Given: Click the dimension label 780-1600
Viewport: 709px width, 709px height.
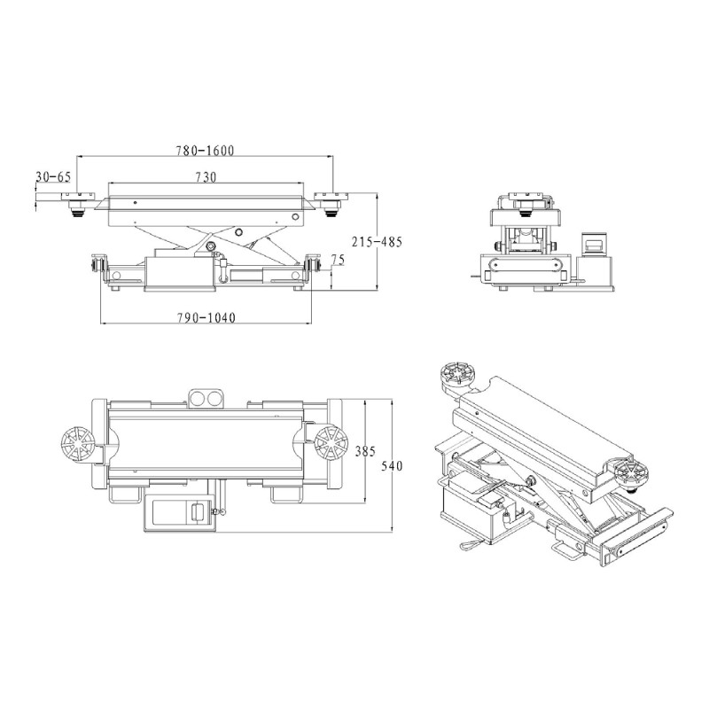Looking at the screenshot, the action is tap(206, 151).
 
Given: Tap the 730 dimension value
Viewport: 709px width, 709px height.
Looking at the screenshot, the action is tap(206, 178).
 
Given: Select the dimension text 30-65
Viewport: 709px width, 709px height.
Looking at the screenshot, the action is tap(53, 176).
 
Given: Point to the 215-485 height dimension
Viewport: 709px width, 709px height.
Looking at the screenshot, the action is tap(377, 242).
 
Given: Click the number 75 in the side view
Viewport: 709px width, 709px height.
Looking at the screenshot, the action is tap(338, 260).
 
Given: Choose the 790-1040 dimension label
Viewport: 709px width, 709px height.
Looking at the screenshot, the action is tap(206, 318).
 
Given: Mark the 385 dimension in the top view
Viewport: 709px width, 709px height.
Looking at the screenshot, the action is tap(365, 451).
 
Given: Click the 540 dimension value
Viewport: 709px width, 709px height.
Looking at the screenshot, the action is tap(391, 465).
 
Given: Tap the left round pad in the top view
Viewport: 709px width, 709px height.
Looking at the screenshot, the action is tap(77, 444).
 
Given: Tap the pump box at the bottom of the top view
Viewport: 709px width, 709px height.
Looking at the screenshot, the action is tap(180, 512).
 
